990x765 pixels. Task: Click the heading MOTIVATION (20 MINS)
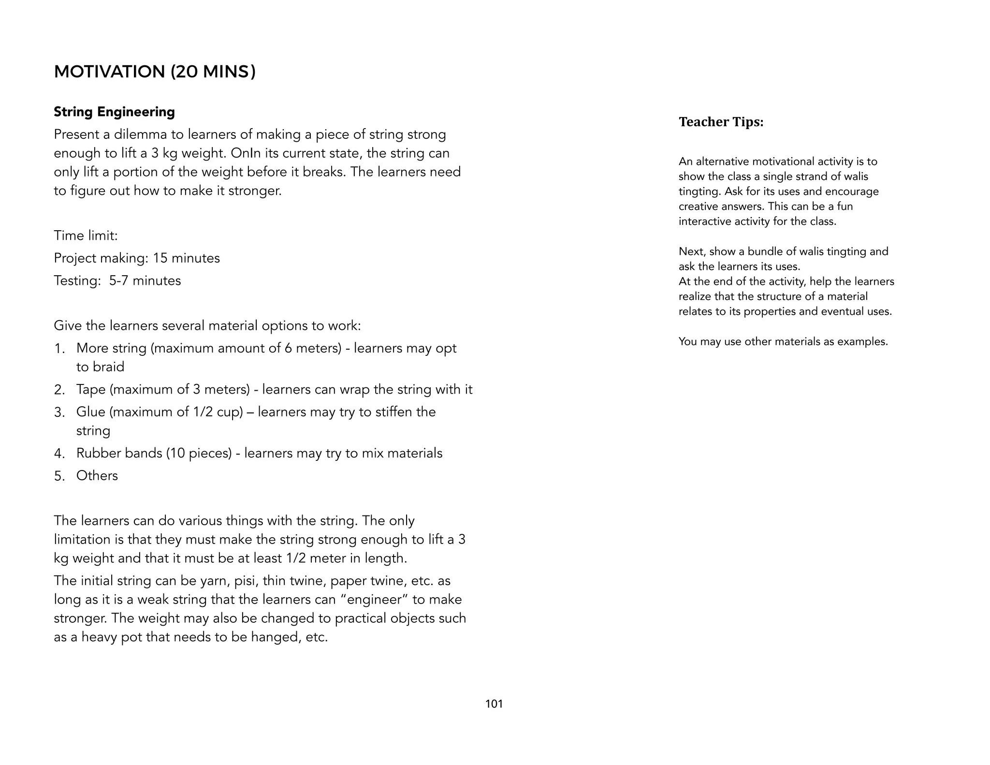point(155,72)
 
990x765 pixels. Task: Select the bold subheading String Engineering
point(114,112)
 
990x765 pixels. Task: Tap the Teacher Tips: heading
point(721,122)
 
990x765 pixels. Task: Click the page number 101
point(494,704)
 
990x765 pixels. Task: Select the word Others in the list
point(97,475)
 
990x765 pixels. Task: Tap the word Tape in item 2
point(90,389)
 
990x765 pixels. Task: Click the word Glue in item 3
point(90,412)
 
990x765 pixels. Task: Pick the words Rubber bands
point(119,453)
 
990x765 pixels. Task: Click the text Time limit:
point(86,235)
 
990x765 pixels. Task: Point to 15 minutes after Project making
point(186,258)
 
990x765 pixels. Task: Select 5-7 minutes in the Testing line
point(145,280)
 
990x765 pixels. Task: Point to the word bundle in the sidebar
point(763,251)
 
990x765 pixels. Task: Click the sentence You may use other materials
point(783,341)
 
